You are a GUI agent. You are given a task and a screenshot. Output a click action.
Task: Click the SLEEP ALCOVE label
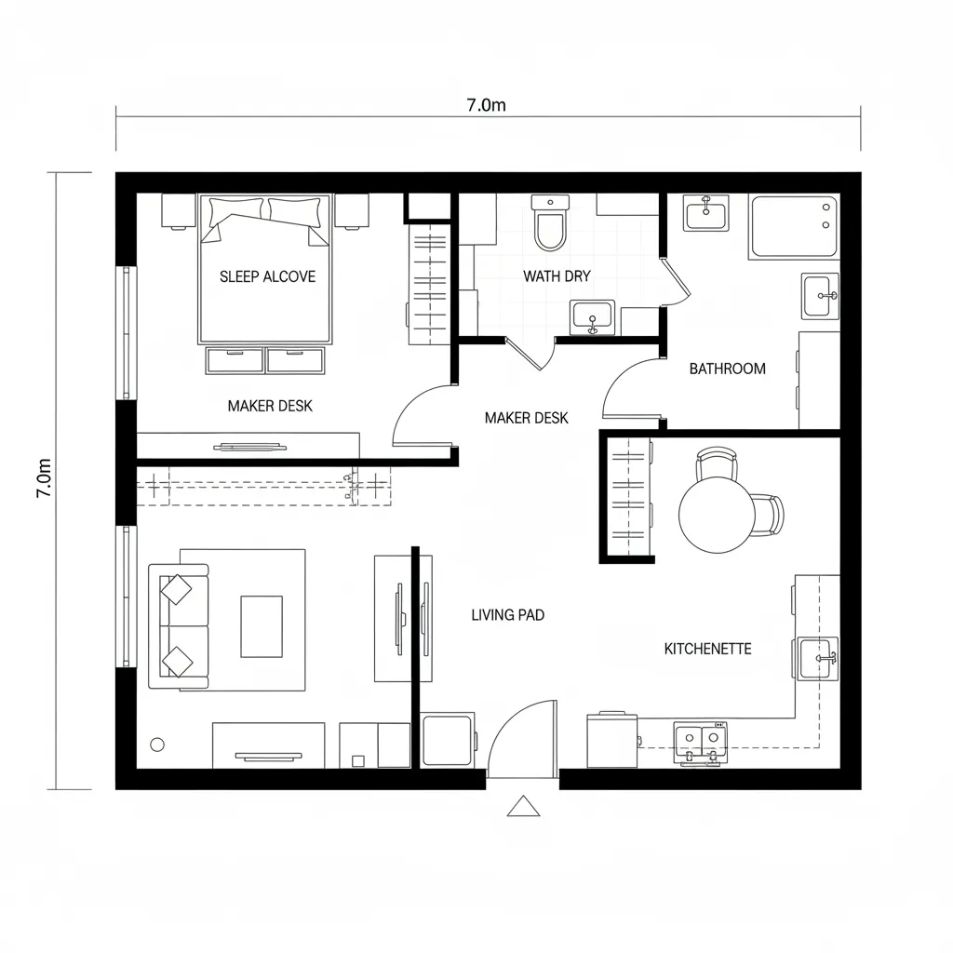click(x=267, y=276)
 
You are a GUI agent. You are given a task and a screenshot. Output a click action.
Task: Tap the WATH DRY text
click(x=557, y=276)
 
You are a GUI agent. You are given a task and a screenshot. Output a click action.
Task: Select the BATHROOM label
click(x=727, y=369)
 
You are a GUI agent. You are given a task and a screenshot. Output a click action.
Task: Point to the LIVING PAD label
click(x=507, y=615)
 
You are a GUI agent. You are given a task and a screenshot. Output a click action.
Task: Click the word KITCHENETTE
click(x=707, y=649)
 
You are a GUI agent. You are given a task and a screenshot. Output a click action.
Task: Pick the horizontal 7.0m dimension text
click(x=486, y=105)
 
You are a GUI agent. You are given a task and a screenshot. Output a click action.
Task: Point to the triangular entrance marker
click(x=525, y=807)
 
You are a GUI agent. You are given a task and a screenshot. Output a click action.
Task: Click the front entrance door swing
click(x=521, y=740)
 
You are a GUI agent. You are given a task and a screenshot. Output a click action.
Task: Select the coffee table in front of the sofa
click(x=262, y=626)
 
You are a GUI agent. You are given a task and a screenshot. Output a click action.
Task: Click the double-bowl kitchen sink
click(x=700, y=740)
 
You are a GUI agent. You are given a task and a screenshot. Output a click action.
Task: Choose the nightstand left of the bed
click(x=179, y=211)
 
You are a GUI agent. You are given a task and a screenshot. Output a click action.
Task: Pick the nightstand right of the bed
click(x=352, y=211)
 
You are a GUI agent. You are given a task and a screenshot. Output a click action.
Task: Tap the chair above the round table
click(x=717, y=463)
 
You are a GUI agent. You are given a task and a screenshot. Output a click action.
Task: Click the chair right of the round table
click(x=771, y=516)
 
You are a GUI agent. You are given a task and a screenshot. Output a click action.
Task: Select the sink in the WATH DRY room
click(x=592, y=317)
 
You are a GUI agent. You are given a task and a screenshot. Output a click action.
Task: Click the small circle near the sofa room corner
click(x=156, y=744)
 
